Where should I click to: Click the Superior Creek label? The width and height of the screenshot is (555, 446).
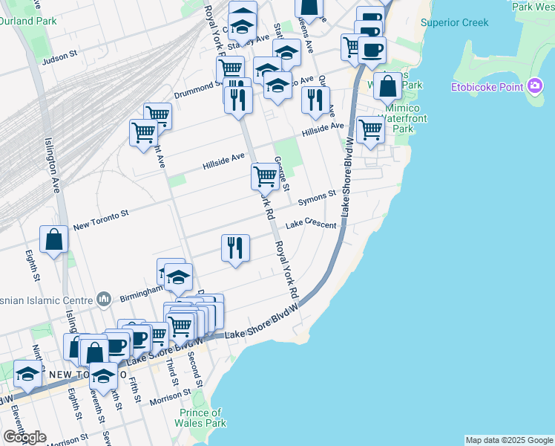454,22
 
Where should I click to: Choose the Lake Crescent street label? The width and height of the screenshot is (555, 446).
311,224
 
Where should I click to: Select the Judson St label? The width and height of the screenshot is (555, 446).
60,56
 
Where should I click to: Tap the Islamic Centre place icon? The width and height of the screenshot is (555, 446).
103,299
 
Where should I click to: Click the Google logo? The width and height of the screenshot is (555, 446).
24,437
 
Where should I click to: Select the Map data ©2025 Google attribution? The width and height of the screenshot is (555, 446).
509,440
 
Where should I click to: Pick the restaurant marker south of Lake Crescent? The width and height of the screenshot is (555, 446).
235,248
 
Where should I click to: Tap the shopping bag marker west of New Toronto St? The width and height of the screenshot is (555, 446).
54,240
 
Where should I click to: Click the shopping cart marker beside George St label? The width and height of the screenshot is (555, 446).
265,176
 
